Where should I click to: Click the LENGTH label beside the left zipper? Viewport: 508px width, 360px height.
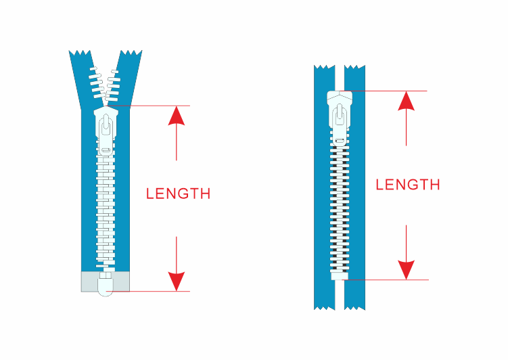(x=178, y=194)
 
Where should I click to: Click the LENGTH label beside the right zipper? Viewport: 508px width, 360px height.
(x=408, y=185)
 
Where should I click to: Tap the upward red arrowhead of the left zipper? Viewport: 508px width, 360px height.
(x=177, y=116)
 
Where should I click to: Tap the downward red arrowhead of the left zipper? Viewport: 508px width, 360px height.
(x=177, y=282)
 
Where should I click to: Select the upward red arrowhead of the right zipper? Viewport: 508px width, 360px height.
(x=407, y=101)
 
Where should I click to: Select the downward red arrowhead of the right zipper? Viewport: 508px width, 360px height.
(x=407, y=270)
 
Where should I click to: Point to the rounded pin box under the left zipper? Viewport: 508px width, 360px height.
(x=106, y=284)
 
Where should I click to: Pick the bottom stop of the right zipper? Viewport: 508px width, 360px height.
(x=340, y=276)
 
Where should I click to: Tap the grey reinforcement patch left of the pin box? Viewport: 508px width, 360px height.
(x=89, y=282)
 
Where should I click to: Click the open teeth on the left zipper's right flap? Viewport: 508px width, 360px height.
(x=113, y=85)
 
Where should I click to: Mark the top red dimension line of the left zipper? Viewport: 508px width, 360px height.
(x=148, y=106)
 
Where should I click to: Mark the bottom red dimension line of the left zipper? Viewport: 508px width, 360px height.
(x=148, y=291)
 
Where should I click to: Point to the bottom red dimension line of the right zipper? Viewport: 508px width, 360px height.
(x=386, y=280)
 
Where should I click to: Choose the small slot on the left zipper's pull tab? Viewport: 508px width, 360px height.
(x=106, y=150)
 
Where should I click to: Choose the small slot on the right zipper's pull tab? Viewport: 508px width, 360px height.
(x=340, y=141)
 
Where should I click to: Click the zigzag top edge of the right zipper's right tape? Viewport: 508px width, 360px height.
(x=354, y=67)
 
